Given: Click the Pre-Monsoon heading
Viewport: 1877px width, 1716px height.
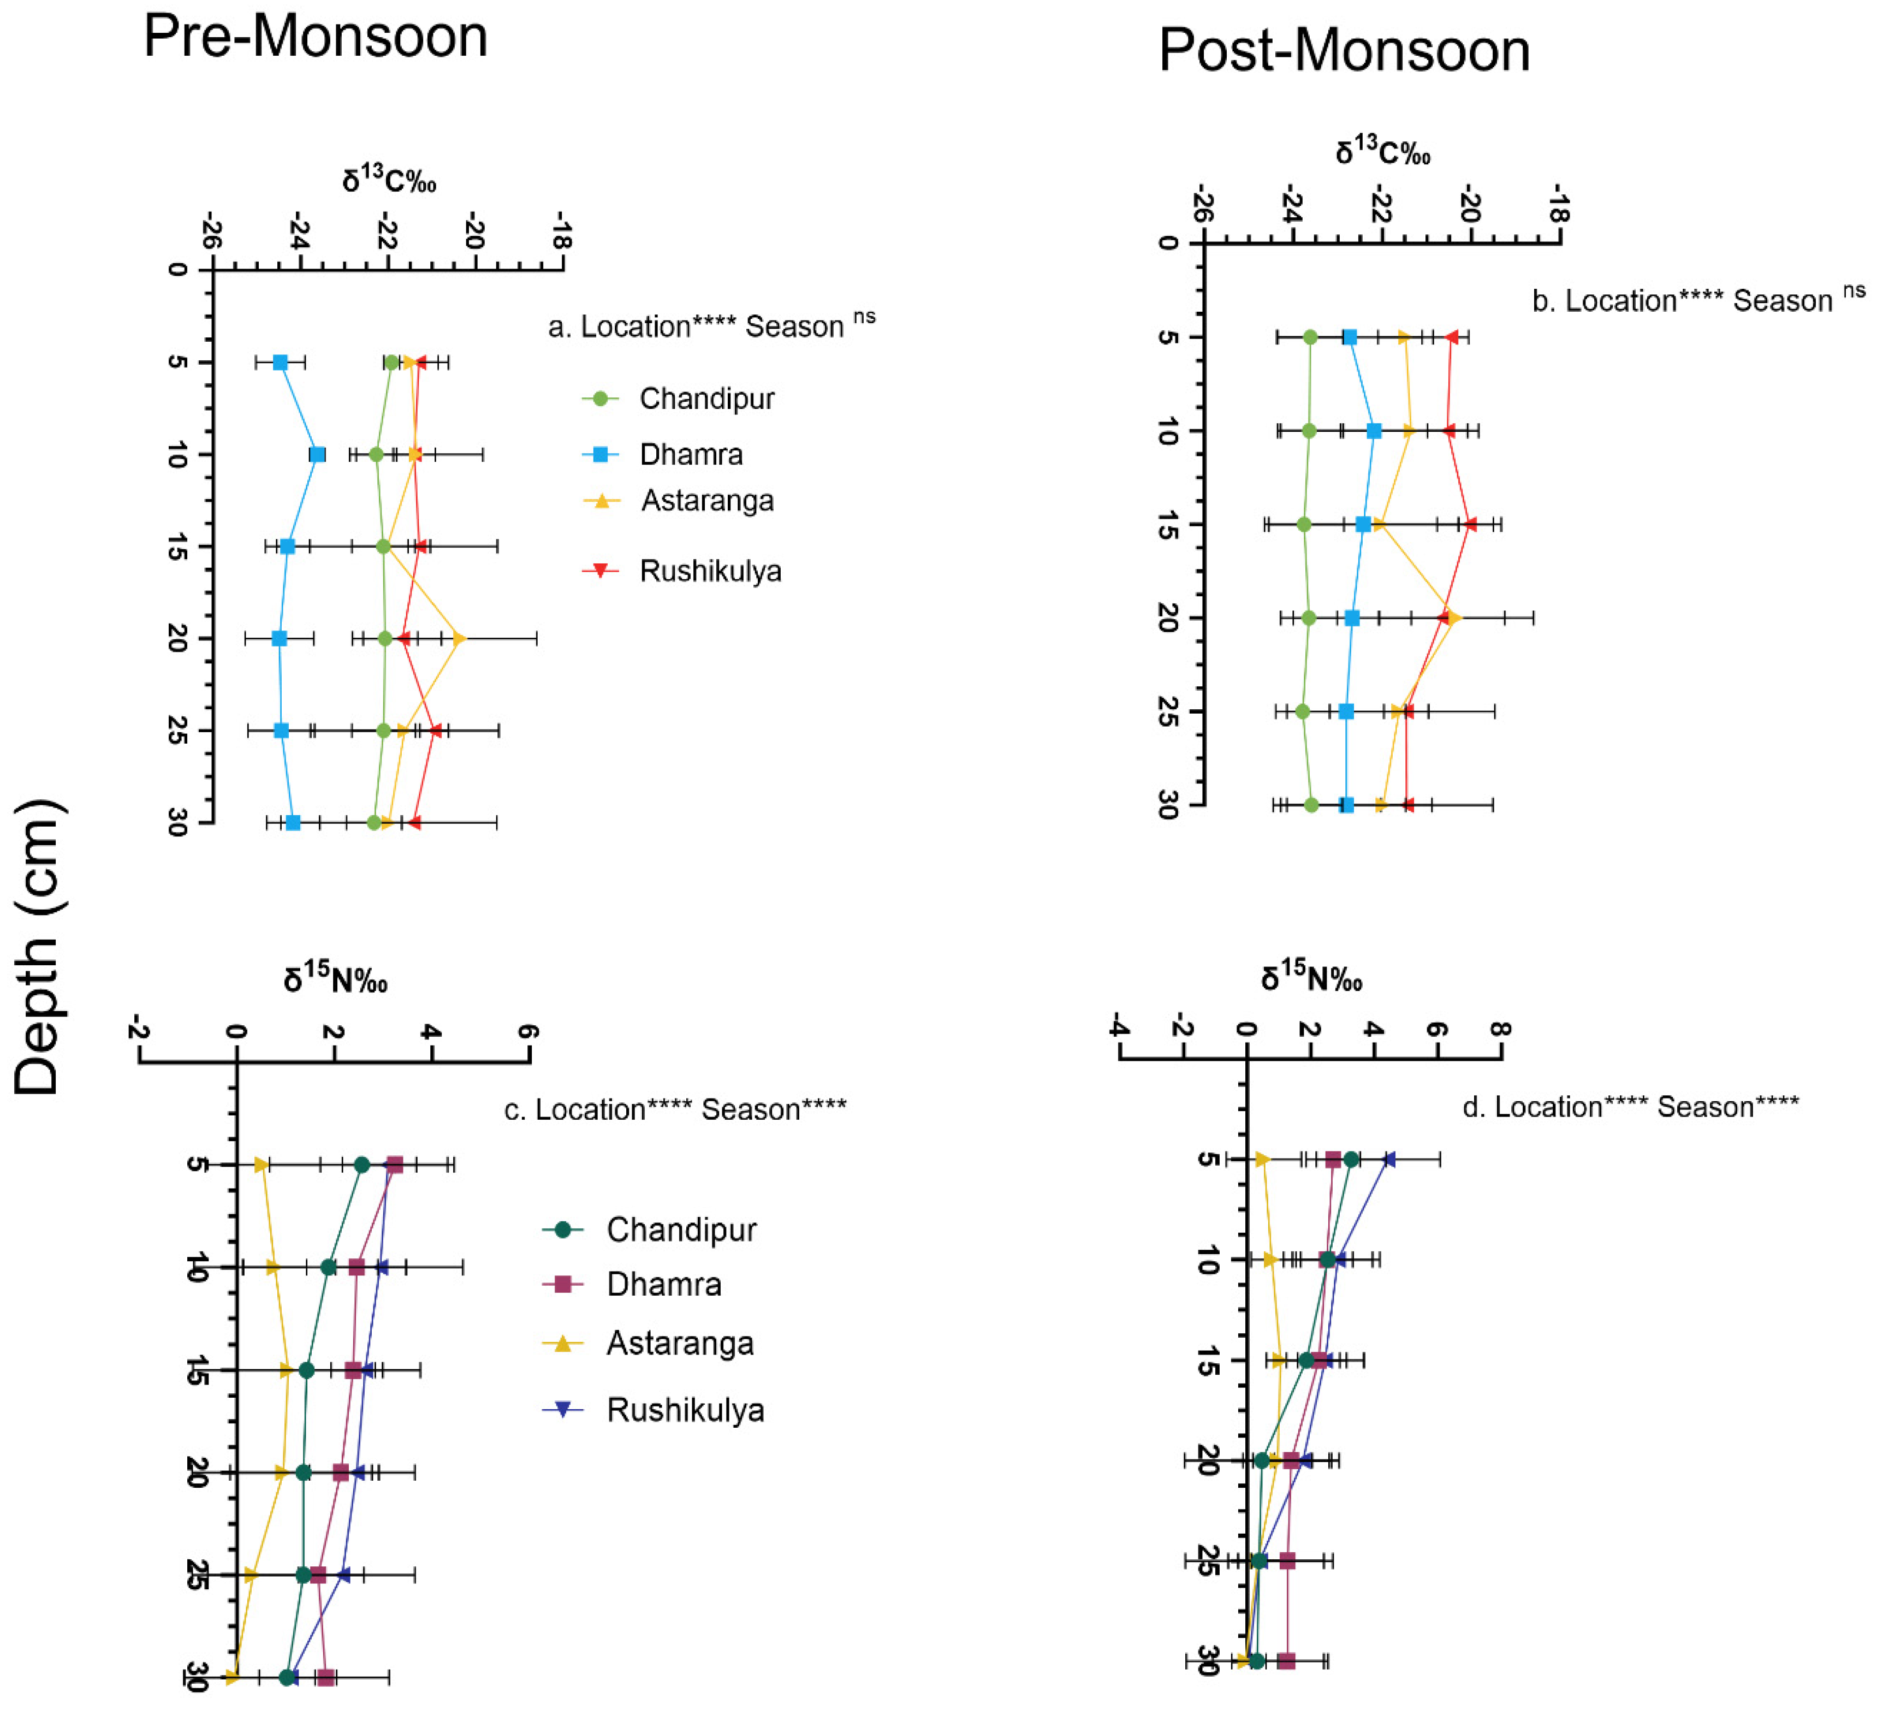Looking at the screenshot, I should click(316, 37).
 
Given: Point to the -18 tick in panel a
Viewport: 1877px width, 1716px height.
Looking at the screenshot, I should click(561, 230).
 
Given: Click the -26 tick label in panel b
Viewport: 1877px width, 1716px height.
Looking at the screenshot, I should click(1202, 204).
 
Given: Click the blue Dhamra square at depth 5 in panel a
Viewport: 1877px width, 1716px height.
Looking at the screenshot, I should click(280, 362).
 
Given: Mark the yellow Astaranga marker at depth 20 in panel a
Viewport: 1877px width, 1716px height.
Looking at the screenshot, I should click(458, 639).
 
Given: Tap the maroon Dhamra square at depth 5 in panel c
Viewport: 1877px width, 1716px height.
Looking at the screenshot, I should click(395, 1165).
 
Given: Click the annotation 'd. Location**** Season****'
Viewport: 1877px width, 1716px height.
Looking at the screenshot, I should click(1630, 1107).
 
